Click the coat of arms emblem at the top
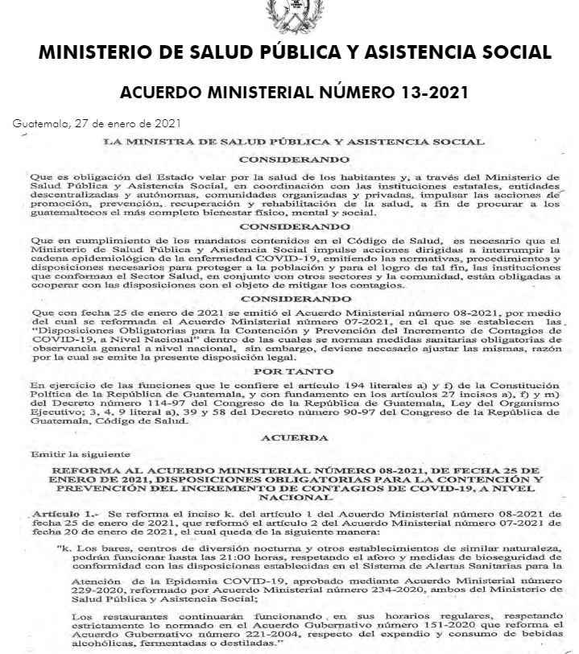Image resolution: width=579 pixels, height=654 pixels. [x=288, y=11]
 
